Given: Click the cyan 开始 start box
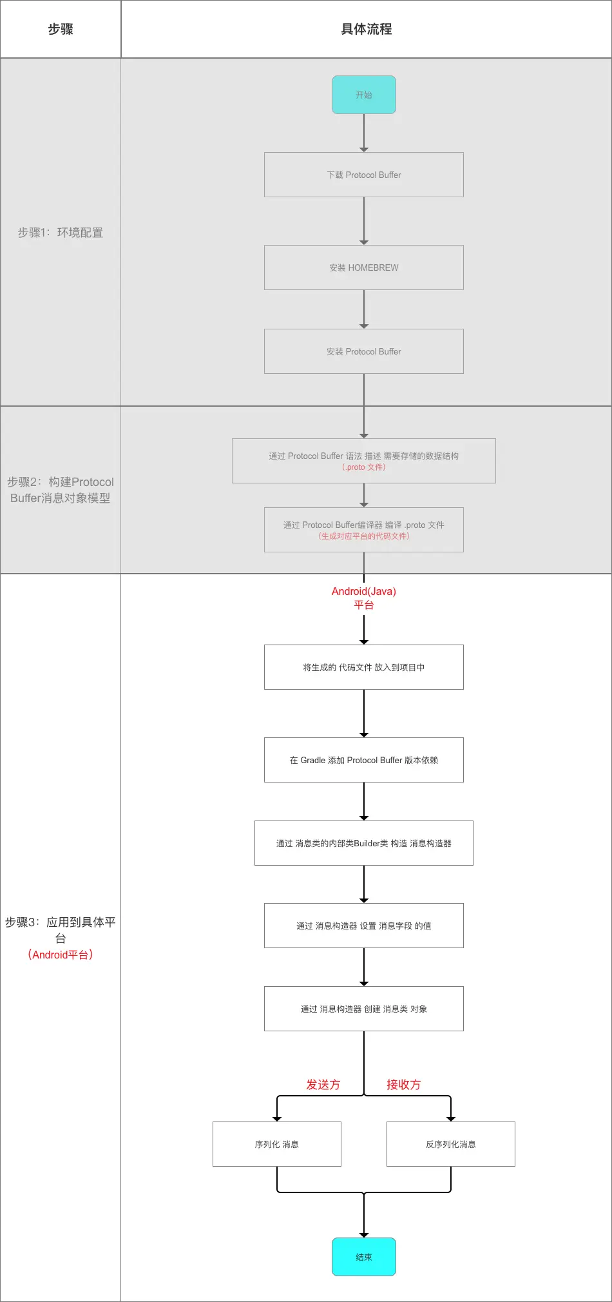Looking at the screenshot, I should [364, 95].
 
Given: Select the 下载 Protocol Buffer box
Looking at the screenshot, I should [364, 175].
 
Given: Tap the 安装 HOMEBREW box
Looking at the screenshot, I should [364, 267].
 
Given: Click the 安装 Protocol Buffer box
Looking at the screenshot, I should [364, 351].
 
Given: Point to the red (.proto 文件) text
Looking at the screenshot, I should [364, 467].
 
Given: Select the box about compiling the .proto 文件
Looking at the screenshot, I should [364, 530].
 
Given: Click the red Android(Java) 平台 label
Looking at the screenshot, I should [364, 598].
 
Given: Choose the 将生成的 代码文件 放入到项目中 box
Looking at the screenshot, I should [364, 667].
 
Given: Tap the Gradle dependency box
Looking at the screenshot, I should [364, 760].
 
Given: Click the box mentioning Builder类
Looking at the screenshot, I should [364, 843].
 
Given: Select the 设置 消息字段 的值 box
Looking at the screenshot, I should [364, 926].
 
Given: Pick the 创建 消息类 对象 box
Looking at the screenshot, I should [364, 1009].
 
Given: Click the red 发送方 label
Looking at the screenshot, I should [323, 1085].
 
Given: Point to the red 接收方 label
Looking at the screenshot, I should [404, 1085].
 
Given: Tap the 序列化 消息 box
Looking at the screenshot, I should [277, 1144].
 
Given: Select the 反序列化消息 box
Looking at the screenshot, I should [451, 1144].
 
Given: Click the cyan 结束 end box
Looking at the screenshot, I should [364, 1257].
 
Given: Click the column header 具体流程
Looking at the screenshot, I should [367, 29].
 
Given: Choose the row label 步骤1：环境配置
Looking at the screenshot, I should [61, 233].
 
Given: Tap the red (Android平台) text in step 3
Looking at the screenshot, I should [61, 955].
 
